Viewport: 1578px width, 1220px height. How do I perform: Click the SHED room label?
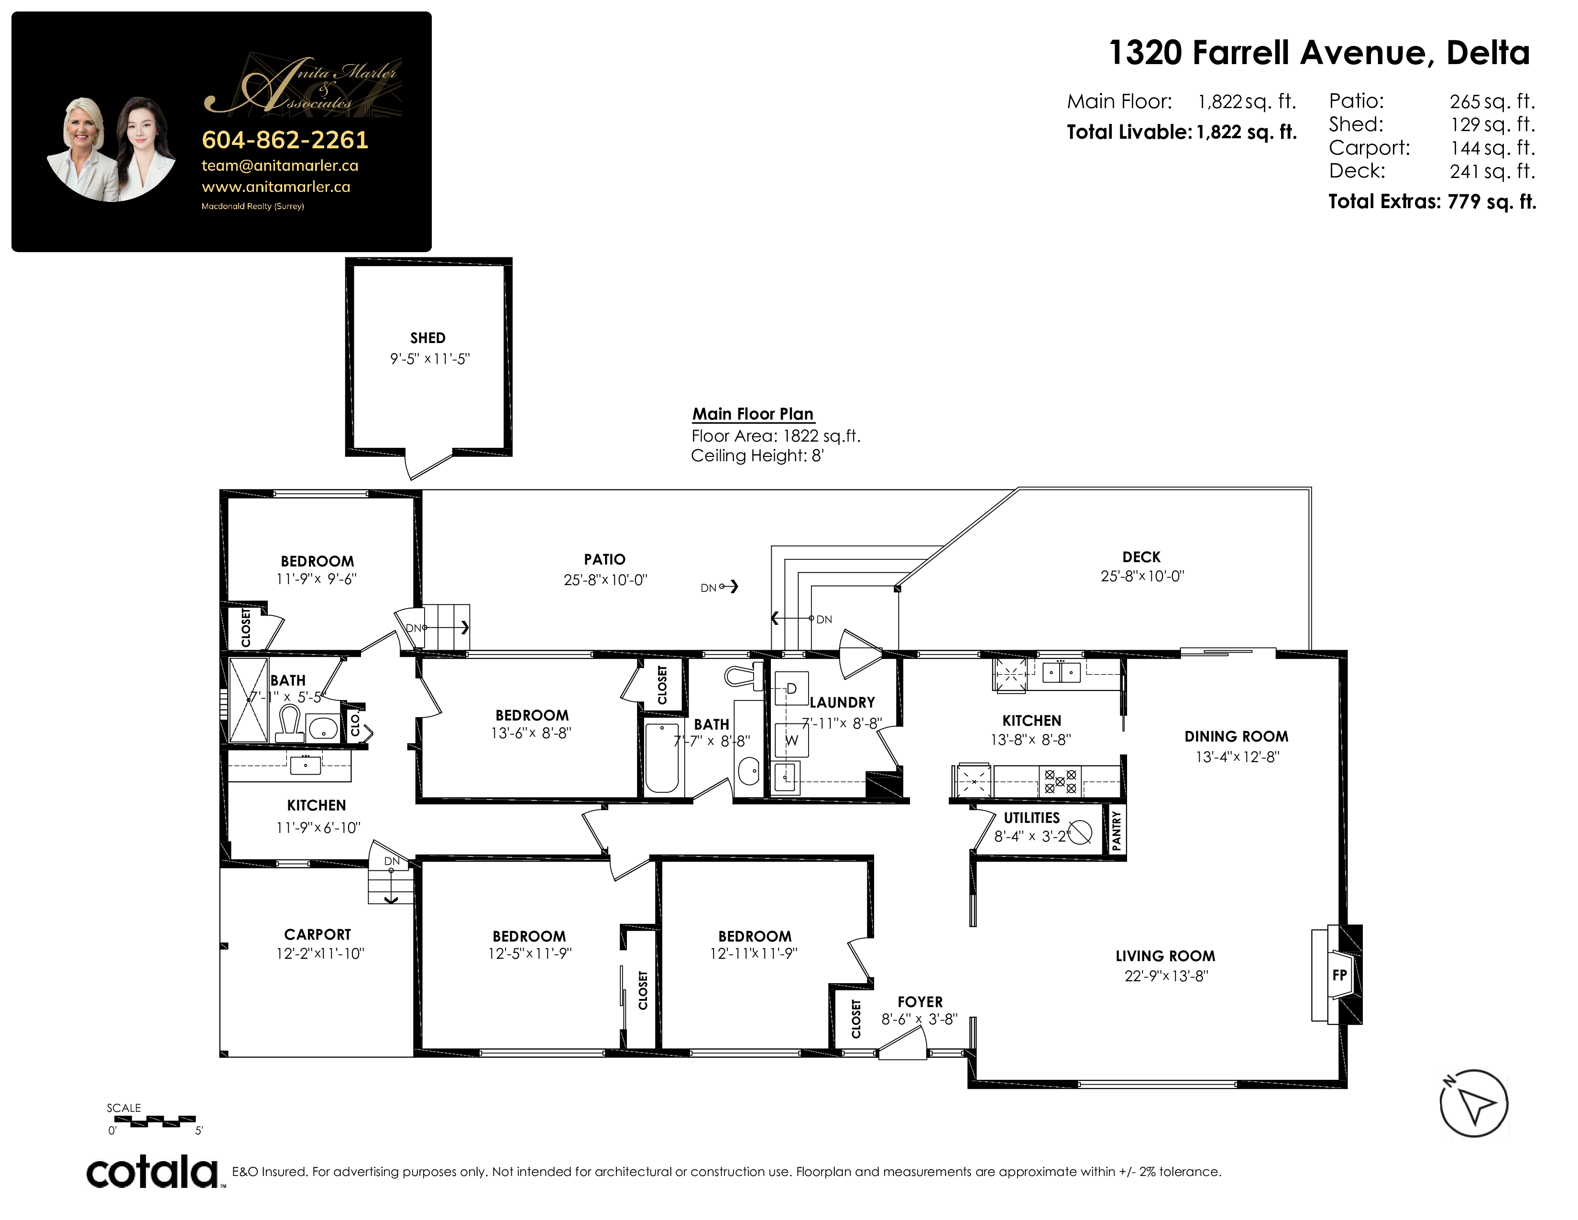tap(428, 337)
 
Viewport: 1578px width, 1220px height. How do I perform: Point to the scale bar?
tap(154, 1121)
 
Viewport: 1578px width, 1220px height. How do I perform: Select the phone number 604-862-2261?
tap(285, 140)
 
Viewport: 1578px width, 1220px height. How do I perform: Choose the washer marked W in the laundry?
tap(791, 740)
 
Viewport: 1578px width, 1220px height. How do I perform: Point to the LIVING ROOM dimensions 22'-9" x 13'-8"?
tap(1166, 976)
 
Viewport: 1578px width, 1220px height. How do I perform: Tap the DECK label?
tap(1141, 556)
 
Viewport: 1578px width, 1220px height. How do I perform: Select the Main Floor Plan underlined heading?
tap(753, 414)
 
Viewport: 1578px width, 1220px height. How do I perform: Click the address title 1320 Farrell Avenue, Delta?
tap(1319, 53)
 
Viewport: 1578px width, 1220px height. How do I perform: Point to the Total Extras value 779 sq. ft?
tap(1491, 201)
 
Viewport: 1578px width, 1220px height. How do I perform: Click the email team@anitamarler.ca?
tap(280, 166)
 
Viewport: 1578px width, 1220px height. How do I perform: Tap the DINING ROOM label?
tap(1236, 736)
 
